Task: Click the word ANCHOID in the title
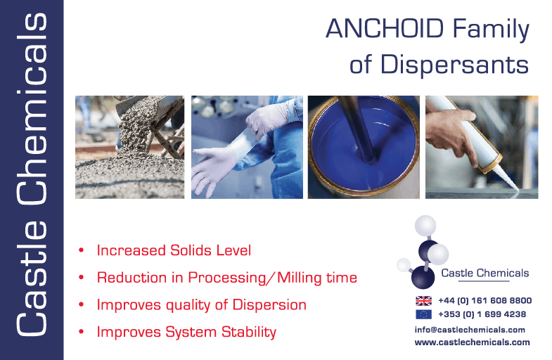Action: click(x=385, y=28)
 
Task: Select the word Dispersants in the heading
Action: click(x=454, y=65)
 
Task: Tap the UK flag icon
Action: click(x=423, y=301)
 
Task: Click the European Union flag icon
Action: click(x=423, y=314)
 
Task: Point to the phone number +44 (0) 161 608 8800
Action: click(x=484, y=300)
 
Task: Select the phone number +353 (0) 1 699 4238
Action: click(x=482, y=314)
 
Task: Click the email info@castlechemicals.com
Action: click(x=470, y=330)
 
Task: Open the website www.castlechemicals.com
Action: click(x=472, y=342)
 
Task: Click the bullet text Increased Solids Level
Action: click(x=174, y=250)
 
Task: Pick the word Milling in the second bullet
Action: click(x=300, y=278)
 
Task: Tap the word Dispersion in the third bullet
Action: click(x=269, y=304)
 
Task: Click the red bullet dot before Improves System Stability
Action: click(x=82, y=331)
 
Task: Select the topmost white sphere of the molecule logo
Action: click(x=425, y=226)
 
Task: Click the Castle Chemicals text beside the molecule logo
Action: click(x=484, y=273)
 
